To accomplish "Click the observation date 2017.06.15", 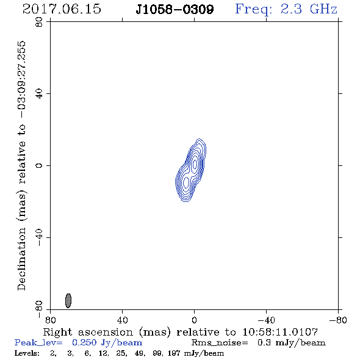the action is (x=62, y=9).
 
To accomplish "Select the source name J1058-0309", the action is (x=175, y=9).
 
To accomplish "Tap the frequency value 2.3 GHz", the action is (x=309, y=9).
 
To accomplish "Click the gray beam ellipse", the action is (x=68, y=301).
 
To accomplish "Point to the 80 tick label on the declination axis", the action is (x=39, y=22).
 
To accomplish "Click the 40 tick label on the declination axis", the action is (x=39, y=94).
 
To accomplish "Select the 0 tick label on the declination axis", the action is (x=39, y=165).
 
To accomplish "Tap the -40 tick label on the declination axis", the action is (x=39, y=237).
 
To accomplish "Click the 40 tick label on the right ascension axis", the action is (x=122, y=320).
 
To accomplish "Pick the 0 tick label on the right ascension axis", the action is (x=194, y=320).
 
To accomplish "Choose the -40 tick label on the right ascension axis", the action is (x=266, y=320).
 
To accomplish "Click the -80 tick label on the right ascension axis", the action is (x=338, y=320).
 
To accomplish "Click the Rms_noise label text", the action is (x=220, y=343).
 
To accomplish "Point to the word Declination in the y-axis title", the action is (x=21, y=259).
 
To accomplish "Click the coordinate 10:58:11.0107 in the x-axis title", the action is (x=280, y=332).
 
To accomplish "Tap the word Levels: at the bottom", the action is (x=27, y=353).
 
